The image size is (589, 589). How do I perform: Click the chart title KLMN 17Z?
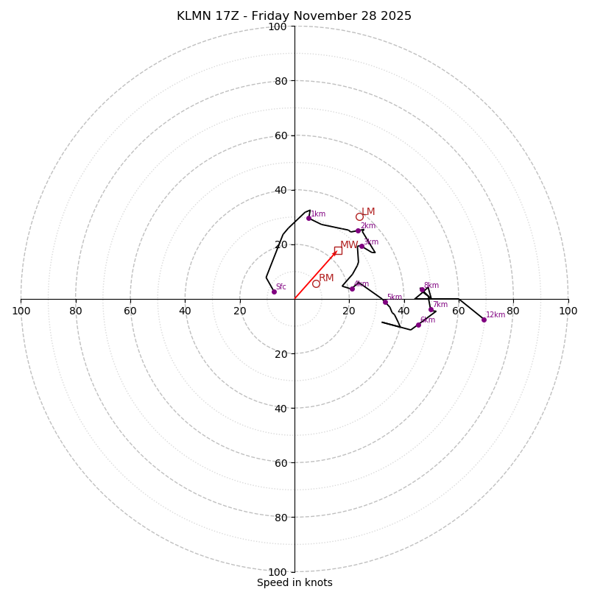294,16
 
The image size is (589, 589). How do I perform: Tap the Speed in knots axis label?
294,582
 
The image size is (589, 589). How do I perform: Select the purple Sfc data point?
274,292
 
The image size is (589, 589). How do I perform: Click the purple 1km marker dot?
308,218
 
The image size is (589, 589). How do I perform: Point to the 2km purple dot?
359,230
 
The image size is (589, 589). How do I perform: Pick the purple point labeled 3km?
361,247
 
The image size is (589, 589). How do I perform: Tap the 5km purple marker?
385,302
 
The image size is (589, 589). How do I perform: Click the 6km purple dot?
418,325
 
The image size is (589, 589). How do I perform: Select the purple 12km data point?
484,320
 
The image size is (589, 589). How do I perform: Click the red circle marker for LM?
359,216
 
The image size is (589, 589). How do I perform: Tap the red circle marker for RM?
316,283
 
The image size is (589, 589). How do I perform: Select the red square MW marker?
338,250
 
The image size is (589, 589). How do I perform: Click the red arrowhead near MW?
334,254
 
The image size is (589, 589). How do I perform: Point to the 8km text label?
431,286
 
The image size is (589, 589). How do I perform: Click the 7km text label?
440,305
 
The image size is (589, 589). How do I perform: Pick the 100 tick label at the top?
278,27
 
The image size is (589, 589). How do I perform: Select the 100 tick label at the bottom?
278,572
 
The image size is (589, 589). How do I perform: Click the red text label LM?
368,212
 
